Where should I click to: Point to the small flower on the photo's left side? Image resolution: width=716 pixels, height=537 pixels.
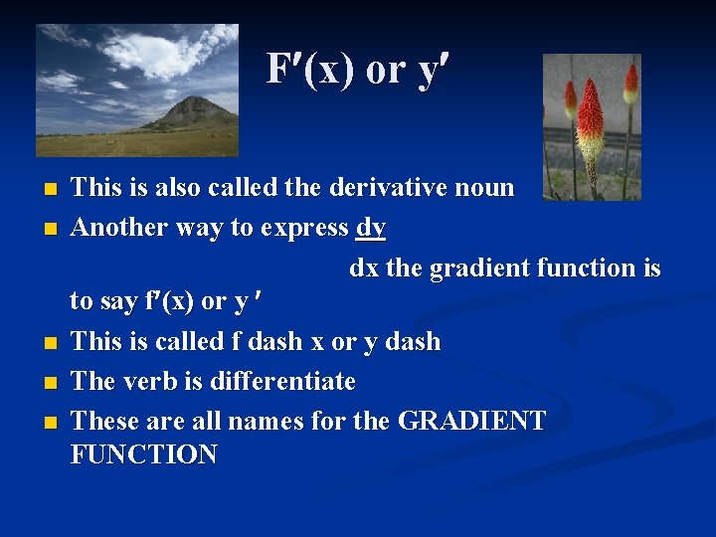[570, 99]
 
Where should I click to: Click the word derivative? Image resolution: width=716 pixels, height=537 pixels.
[390, 187]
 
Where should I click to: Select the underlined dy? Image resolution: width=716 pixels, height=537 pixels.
[371, 228]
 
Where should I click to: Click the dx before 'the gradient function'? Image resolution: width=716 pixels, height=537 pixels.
[363, 268]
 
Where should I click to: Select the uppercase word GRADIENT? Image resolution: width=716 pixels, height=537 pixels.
[471, 422]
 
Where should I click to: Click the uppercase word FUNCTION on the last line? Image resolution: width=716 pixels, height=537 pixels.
[145, 455]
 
